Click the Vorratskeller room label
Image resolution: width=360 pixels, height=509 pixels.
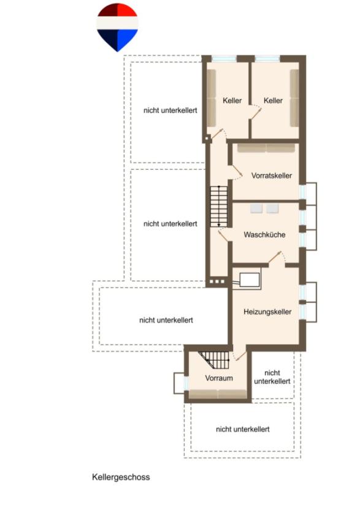pos(271,175)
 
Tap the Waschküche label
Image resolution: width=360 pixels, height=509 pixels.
pos(264,234)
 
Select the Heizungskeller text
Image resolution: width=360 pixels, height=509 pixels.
pos(267,312)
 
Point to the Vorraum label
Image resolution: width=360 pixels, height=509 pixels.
pos(219,378)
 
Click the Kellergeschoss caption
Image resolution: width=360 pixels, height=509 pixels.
pos(121,477)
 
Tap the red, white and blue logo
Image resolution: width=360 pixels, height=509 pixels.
pos(118,27)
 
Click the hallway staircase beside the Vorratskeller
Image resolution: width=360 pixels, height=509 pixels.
pos(219,207)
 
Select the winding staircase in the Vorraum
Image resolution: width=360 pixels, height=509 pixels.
pos(215,361)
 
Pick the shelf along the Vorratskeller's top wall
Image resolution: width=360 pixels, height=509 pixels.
pos(266,148)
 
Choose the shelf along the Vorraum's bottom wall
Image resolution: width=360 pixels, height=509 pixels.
pos(218,394)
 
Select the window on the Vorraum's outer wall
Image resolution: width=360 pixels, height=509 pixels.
pos(186,383)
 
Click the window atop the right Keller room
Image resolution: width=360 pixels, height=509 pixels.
pos(267,59)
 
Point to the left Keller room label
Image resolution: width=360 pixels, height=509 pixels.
pos(232,101)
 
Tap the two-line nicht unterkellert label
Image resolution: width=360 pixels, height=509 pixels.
pos(272,377)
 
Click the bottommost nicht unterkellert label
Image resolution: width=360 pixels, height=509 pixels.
pos(242,429)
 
